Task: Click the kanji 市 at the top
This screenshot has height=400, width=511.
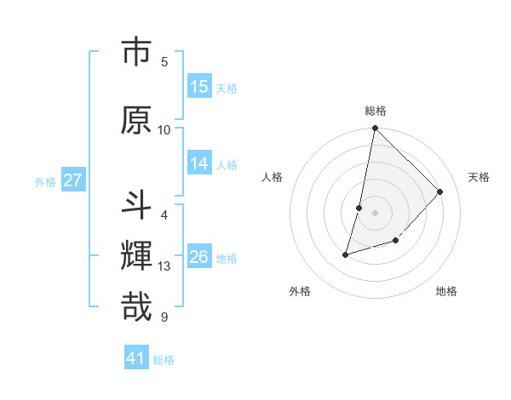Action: click(136, 52)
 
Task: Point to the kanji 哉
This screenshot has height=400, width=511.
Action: click(136, 306)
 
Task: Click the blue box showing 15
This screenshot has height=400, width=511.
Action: click(199, 87)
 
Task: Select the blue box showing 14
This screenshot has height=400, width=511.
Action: click(199, 163)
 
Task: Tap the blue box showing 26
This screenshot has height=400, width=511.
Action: click(199, 257)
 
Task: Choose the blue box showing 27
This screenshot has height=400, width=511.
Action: click(72, 180)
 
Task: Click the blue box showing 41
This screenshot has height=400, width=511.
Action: click(136, 358)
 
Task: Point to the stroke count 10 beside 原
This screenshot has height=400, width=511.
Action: click(164, 130)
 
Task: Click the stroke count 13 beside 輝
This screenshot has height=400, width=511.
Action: click(164, 267)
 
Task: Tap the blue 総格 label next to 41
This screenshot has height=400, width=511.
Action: click(164, 360)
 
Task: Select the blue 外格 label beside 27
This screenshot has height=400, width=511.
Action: click(45, 181)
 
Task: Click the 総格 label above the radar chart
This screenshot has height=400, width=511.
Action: click(375, 111)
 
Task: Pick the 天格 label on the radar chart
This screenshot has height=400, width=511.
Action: click(479, 177)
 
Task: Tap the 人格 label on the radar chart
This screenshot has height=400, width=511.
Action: click(272, 177)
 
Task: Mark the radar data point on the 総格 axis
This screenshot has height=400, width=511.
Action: click(375, 129)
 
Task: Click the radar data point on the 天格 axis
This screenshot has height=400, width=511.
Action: click(440, 191)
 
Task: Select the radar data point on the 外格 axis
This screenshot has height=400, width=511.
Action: click(346, 254)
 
